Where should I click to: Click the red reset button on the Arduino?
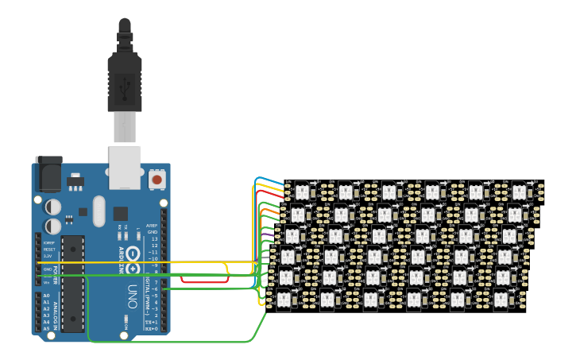click(x=157, y=180)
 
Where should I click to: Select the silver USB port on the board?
click(x=125, y=167)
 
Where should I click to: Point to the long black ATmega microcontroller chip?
click(x=73, y=283)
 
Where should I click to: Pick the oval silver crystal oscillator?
click(x=99, y=211)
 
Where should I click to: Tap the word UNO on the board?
click(x=133, y=296)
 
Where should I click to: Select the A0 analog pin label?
click(x=46, y=296)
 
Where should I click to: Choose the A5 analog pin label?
click(x=46, y=327)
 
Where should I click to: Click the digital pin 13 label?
click(x=154, y=238)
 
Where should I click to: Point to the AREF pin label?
click(x=153, y=225)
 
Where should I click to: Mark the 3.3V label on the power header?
click(x=48, y=256)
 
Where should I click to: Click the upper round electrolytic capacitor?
click(x=52, y=207)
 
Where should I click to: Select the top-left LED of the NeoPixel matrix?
click(x=303, y=191)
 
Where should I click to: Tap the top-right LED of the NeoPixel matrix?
click(x=519, y=191)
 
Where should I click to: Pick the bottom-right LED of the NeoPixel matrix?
click(x=501, y=300)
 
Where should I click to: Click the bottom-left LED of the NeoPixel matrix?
click(x=284, y=300)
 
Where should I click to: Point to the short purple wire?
click(x=267, y=235)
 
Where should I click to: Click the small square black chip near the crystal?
click(x=120, y=213)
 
